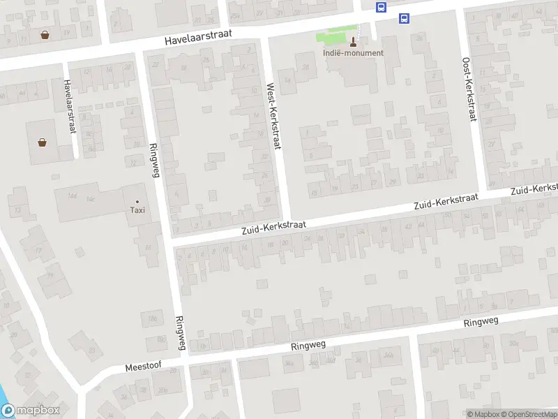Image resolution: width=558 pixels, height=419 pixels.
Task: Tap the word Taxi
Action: point(137,210)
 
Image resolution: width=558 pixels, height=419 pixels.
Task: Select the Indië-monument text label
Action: point(353,53)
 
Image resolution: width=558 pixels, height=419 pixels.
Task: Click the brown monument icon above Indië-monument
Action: point(352,41)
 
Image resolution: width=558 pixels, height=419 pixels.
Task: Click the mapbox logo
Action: point(29,411)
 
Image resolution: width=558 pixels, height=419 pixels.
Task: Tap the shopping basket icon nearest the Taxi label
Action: point(43,142)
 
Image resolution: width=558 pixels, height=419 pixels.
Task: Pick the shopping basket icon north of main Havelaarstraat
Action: point(45,34)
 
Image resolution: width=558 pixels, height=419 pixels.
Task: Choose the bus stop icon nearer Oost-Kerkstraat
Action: point(404,19)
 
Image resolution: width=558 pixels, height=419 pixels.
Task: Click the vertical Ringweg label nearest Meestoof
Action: point(181,332)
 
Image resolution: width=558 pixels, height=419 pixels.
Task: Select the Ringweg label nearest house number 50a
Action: point(481,322)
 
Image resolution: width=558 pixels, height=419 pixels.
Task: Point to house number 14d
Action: point(72,196)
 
